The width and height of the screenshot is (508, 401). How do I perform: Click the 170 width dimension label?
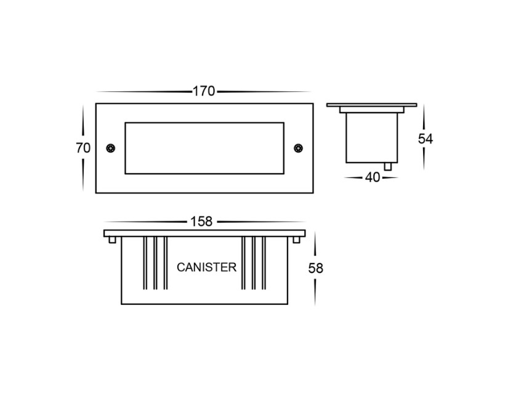pos(203,91)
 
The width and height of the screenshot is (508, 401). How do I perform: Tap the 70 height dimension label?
pos(83,148)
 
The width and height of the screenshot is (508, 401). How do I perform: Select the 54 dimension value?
pos(425,139)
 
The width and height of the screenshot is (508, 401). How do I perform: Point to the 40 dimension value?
pos(372,177)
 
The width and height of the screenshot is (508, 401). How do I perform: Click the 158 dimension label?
pos(201,221)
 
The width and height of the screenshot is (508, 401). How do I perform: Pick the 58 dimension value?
pos(316,268)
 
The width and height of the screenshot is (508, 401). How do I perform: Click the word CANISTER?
pos(206,267)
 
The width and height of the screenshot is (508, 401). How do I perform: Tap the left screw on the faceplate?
pos(110,148)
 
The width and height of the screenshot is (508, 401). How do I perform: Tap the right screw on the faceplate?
pos(298,148)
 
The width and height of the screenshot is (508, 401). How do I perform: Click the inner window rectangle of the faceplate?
pos(204,148)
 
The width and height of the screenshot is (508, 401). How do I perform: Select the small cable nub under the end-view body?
pos(387,166)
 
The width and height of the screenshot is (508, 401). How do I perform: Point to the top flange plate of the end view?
pos(371,106)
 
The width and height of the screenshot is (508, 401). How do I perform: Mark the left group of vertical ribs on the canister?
pos(156,263)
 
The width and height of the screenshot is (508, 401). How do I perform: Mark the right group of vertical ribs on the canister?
pos(254,263)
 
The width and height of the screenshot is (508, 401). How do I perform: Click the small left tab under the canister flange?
pos(111,240)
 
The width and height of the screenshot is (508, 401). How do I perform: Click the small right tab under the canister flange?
pos(299,240)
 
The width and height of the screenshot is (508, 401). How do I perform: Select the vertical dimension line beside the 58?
pos(315,246)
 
